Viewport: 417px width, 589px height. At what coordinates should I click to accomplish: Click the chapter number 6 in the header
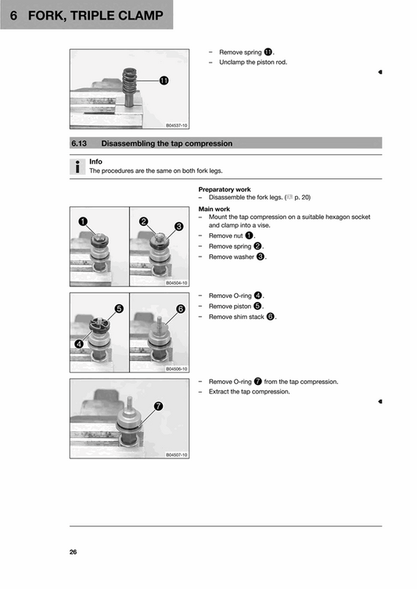(x=13, y=16)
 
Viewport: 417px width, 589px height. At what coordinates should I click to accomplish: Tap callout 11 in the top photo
(x=164, y=81)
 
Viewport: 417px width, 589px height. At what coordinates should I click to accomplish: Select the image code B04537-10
(x=176, y=125)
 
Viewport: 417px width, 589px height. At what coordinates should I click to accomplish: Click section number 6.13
(x=81, y=143)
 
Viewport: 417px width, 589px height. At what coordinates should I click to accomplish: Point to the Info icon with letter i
(x=77, y=166)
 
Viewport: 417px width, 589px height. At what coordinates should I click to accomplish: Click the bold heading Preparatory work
(x=225, y=189)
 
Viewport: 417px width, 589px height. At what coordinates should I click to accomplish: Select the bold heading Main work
(x=214, y=209)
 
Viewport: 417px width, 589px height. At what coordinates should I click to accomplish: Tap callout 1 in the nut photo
(x=82, y=221)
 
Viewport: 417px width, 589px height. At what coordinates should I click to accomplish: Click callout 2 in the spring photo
(x=144, y=221)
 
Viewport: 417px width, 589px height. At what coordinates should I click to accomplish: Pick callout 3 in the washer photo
(x=178, y=227)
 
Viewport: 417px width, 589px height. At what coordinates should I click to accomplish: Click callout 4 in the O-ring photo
(x=79, y=343)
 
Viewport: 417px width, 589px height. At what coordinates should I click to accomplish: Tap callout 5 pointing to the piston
(x=118, y=308)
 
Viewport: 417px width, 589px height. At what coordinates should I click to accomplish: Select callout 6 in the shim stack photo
(x=180, y=309)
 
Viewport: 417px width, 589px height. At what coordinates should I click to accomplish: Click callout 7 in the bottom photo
(x=158, y=406)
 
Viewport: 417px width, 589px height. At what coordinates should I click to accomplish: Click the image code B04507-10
(x=176, y=454)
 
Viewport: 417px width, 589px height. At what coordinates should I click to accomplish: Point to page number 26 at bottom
(x=73, y=552)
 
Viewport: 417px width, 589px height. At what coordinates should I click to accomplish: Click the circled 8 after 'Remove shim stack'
(x=271, y=317)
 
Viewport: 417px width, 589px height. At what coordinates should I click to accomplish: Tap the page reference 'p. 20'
(x=302, y=197)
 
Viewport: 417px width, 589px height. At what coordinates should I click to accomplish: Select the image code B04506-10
(x=176, y=368)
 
